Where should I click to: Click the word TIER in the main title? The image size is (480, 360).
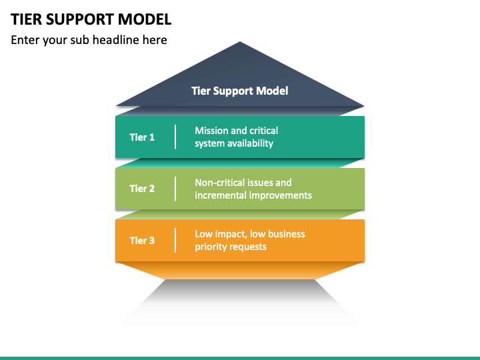click(26, 19)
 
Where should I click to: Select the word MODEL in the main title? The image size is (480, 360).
click(145, 19)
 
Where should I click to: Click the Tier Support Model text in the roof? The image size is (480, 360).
click(240, 91)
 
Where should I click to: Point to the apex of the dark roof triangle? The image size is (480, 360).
click(240, 41)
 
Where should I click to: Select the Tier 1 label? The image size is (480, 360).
click(142, 137)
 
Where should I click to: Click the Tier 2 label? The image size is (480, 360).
click(142, 189)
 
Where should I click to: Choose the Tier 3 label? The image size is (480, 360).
click(142, 241)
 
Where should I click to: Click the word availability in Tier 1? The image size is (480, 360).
click(251, 143)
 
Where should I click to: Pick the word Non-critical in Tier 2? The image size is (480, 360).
click(219, 183)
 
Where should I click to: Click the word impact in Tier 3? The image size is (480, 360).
click(231, 235)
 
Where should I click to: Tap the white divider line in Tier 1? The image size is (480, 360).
click(175, 137)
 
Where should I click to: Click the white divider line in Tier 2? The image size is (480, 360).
click(175, 189)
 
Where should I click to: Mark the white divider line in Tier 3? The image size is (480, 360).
click(175, 240)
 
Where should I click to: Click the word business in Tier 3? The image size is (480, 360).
click(287, 234)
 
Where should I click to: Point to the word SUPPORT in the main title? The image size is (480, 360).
click(80, 19)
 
